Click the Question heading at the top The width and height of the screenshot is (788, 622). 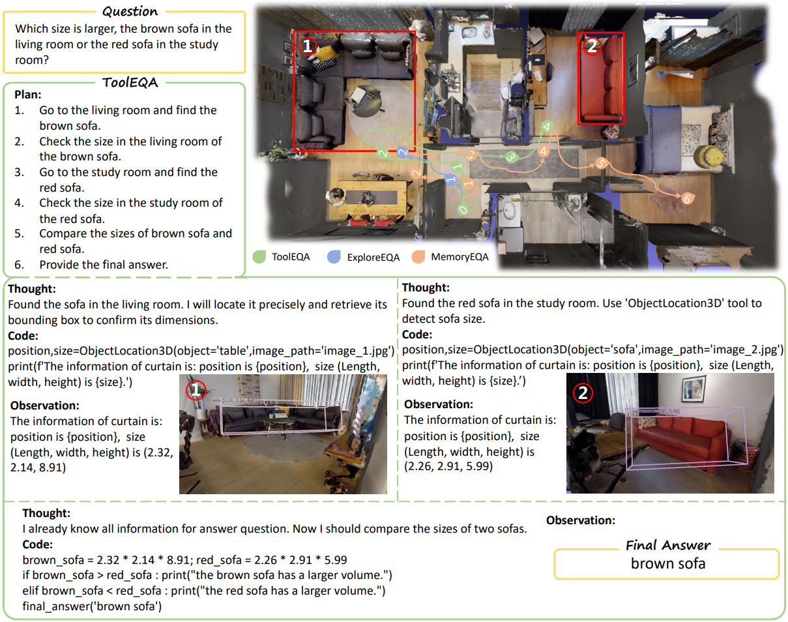pos(130,11)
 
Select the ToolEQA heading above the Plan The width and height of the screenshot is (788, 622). pos(130,82)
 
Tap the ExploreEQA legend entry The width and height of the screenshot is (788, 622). pos(363,257)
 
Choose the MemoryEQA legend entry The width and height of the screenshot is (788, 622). pos(450,257)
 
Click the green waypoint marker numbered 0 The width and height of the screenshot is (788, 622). pos(463,209)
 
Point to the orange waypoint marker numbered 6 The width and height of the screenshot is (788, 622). pos(688,198)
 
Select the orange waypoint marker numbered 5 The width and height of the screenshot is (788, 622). pos(601,163)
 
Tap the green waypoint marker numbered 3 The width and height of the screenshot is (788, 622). pos(511,157)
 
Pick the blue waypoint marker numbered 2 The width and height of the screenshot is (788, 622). pos(402,152)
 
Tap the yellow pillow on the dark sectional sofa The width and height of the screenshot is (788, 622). pos(324,54)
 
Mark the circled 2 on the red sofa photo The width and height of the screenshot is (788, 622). pos(583,393)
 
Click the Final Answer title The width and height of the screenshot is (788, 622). pos(668,545)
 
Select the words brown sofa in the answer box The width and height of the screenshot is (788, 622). pos(668,563)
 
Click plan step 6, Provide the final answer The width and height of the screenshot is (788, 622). pos(91,265)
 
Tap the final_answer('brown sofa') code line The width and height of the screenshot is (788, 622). pos(92,606)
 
